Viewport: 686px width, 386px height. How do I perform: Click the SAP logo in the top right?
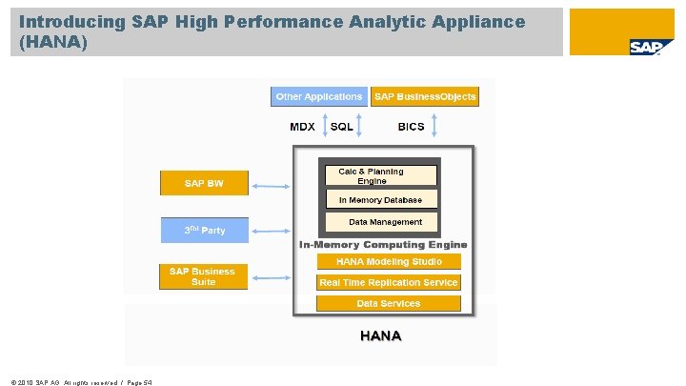pos(644,47)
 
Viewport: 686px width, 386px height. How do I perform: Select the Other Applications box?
pos(318,96)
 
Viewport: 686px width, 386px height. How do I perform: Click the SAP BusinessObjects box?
pos(425,96)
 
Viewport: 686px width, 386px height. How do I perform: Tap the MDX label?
pos(302,127)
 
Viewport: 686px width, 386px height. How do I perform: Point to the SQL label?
pos(341,127)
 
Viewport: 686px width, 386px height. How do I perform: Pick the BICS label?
pos(412,127)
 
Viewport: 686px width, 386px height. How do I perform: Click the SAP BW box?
pos(204,183)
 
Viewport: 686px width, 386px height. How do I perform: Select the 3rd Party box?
pos(204,231)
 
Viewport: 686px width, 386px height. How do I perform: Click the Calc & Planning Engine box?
pos(379,176)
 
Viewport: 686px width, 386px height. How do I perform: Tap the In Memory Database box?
pos(379,200)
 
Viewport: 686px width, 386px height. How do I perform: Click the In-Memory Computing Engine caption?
pos(383,245)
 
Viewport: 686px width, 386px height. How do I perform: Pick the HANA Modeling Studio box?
pos(388,261)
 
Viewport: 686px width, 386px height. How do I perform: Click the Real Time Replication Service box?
pos(388,282)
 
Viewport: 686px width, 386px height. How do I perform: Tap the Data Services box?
pos(388,303)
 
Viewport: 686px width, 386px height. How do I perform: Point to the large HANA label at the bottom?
pos(380,335)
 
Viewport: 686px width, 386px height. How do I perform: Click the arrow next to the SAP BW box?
pos(272,183)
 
